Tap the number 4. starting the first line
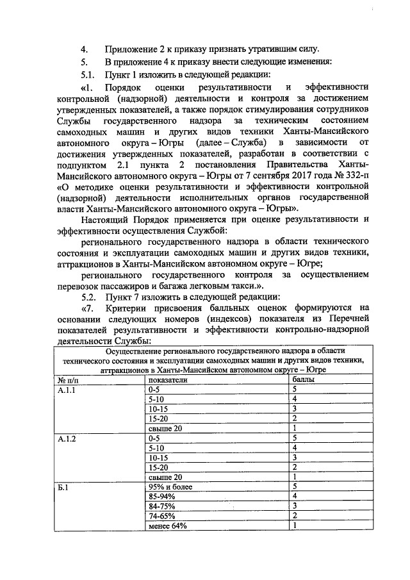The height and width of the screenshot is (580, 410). [x=84, y=49]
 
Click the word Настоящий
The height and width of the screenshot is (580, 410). [x=108, y=221]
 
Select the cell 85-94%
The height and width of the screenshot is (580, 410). [x=161, y=497]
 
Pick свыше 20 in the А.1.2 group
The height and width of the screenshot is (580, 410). [x=165, y=477]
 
